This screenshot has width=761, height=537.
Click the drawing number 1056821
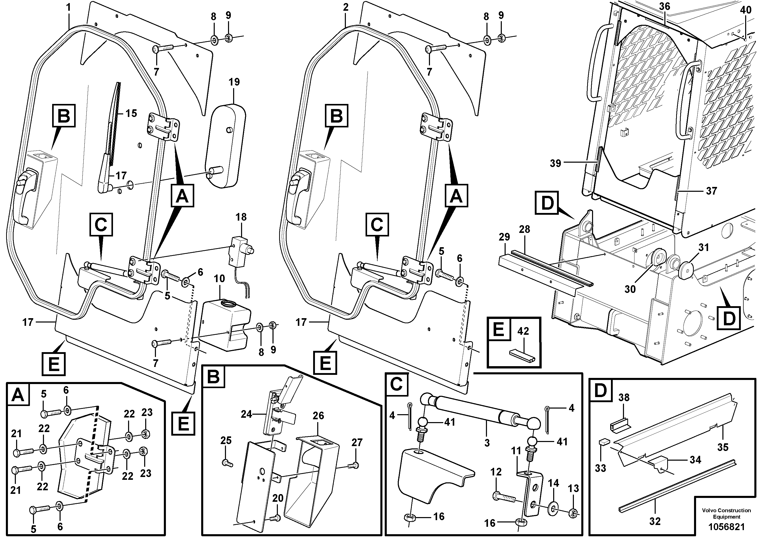pos(726,527)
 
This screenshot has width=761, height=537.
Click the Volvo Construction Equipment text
pos(726,514)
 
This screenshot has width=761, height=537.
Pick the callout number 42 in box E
pos(523,331)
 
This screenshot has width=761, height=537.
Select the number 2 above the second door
pos(346,7)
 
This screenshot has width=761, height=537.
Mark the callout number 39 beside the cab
pos(555,163)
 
